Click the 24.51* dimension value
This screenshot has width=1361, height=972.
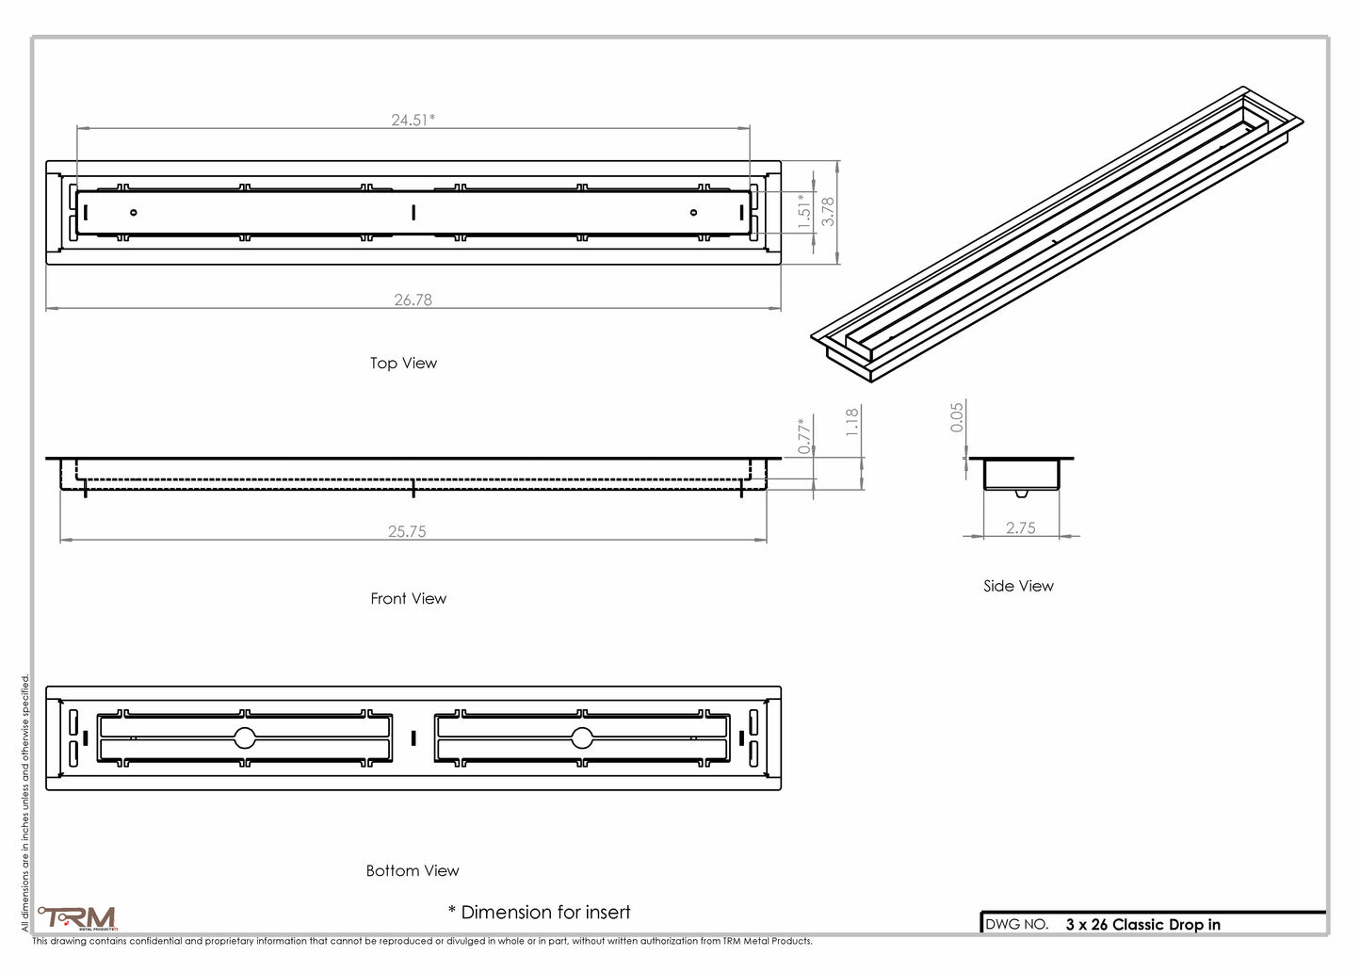pos(413,120)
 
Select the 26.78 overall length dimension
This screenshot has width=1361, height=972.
pos(413,300)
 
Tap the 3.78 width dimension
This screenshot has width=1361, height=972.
pos(828,211)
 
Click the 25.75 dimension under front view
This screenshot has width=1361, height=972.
pos(407,531)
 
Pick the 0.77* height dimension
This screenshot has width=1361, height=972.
pos(804,436)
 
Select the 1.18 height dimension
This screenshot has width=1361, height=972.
pos(852,421)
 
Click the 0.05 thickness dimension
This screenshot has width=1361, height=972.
pos(957,417)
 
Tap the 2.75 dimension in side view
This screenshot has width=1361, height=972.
pos(1020,527)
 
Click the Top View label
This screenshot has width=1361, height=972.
pos(403,363)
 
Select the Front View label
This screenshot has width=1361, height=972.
pos(408,598)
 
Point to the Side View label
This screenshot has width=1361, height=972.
pos(1018,586)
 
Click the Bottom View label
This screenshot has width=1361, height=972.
pos(413,870)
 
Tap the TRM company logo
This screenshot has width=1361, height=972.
pos(78,917)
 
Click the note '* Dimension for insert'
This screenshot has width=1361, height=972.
pos(539,912)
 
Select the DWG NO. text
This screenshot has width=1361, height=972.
pos(1016,924)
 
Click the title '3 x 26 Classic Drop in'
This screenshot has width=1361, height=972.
pos(1142,924)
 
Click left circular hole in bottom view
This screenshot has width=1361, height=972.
pos(245,737)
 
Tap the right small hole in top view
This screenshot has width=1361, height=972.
pos(693,212)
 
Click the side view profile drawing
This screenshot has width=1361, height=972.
pos(1021,475)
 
